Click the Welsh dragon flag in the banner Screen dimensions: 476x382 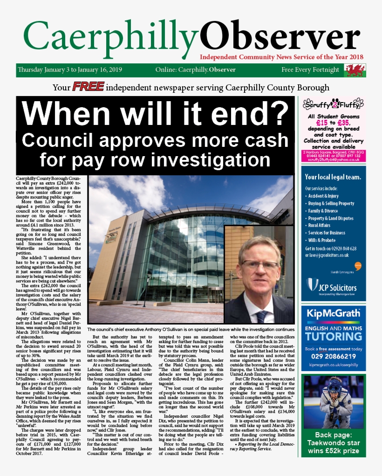(x=354, y=70)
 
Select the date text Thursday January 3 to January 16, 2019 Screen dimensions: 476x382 (x=70, y=70)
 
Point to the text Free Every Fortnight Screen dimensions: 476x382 (x=310, y=70)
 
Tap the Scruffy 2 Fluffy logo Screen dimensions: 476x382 (x=333, y=103)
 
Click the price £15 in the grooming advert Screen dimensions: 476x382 (x=316, y=123)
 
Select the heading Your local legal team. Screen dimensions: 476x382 (x=333, y=177)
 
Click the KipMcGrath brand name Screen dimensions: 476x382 (x=333, y=314)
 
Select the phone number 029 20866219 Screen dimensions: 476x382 (x=333, y=356)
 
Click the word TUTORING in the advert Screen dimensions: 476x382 (x=333, y=336)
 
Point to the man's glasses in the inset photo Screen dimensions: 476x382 (x=259, y=264)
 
